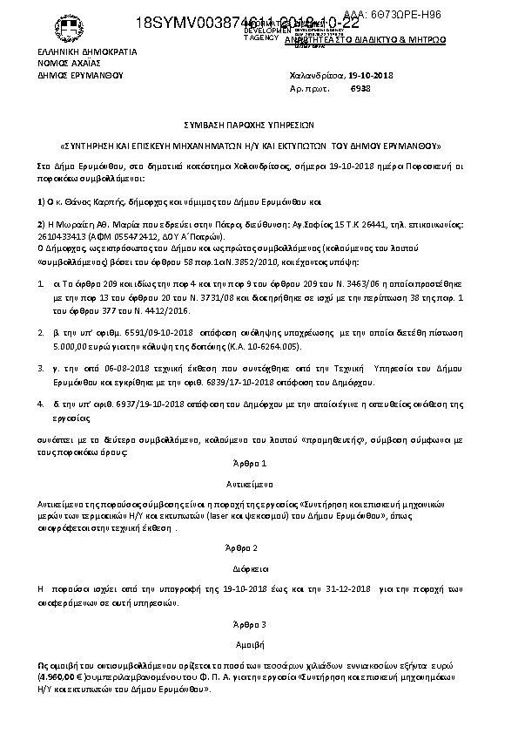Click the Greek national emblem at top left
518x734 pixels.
66,29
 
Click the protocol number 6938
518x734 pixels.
360,89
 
